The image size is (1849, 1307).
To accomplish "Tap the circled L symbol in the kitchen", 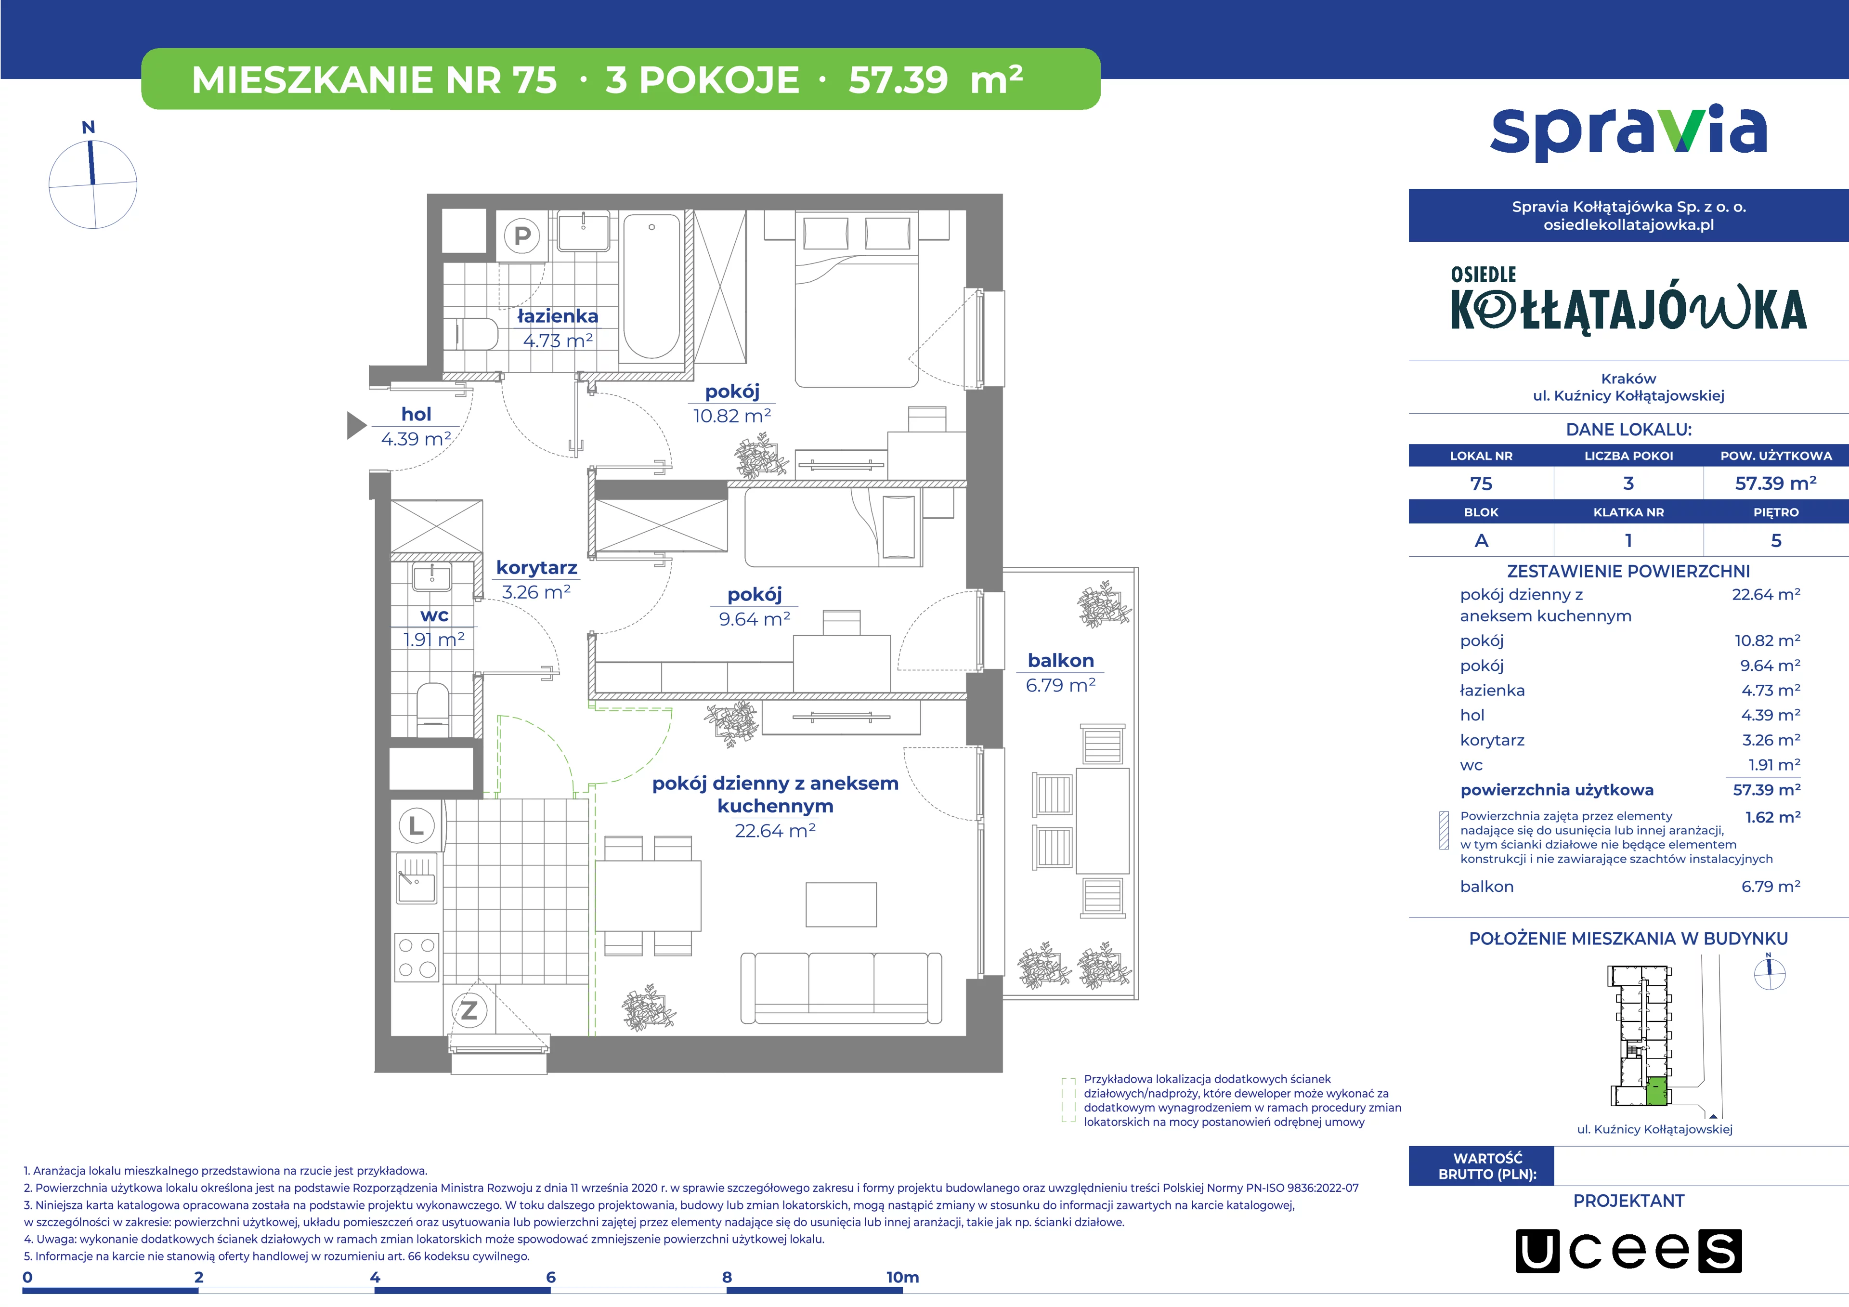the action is (x=417, y=825).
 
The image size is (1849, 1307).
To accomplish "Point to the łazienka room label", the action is (x=557, y=316).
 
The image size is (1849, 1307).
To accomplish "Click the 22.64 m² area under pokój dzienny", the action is (x=775, y=830).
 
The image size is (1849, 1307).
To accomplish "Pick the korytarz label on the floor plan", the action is (x=536, y=568).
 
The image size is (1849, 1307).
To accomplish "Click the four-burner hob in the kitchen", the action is (x=417, y=957).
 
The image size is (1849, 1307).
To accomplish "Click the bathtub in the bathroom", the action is (x=651, y=286).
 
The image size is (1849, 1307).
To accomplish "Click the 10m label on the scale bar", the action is (x=902, y=1277).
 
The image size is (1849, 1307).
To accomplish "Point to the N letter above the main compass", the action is (x=89, y=127).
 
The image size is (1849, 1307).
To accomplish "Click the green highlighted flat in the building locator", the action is (x=1656, y=1091).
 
